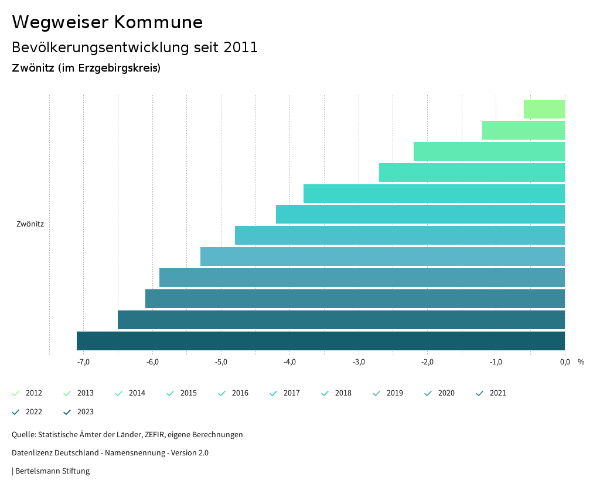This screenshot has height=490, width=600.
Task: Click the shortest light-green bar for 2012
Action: pyautogui.click(x=544, y=109)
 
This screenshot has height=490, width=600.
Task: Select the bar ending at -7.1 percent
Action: pyautogui.click(x=321, y=341)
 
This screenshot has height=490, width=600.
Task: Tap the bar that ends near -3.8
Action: pyautogui.click(x=434, y=194)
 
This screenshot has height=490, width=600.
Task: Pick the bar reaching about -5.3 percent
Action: pyautogui.click(x=383, y=256)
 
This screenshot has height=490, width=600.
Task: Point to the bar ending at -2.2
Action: pyautogui.click(x=489, y=151)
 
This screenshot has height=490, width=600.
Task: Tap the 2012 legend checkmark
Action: pyautogui.click(x=16, y=393)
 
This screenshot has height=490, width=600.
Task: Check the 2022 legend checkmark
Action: pyautogui.click(x=16, y=412)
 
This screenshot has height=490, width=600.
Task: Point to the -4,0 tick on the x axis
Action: pyautogui.click(x=290, y=361)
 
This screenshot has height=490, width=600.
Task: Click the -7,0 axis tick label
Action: pyautogui.click(x=83, y=361)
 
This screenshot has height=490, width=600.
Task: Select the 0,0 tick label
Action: pyautogui.click(x=565, y=361)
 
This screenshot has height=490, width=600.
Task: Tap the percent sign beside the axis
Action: pyautogui.click(x=581, y=361)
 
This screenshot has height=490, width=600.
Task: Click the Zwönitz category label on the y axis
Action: pyautogui.click(x=30, y=224)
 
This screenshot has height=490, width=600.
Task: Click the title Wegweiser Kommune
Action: pyautogui.click(x=107, y=22)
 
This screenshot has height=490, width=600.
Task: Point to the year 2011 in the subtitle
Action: pyautogui.click(x=241, y=48)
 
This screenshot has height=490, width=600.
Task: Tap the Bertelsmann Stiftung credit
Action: pyautogui.click(x=52, y=471)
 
